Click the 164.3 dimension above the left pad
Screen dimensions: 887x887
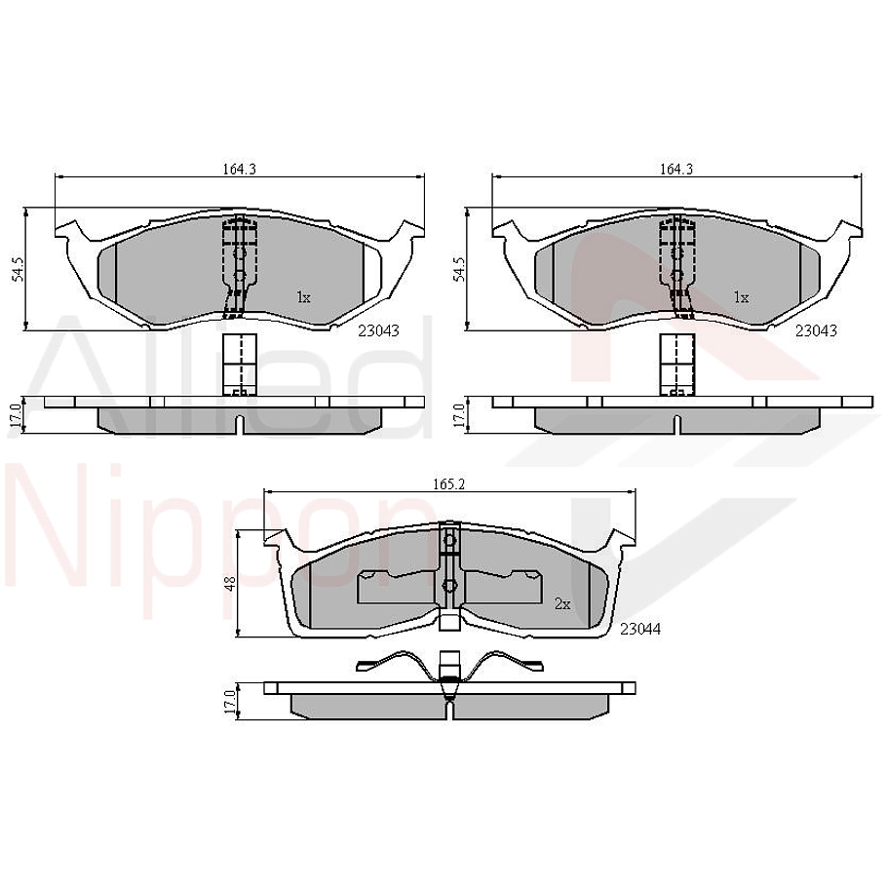click(x=239, y=169)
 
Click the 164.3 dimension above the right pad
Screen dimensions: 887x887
click(x=675, y=169)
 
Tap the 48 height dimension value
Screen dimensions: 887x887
click(x=230, y=584)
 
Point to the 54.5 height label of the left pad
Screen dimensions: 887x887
click(x=17, y=270)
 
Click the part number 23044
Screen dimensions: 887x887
click(x=640, y=630)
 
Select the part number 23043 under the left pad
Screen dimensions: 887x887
click(x=378, y=330)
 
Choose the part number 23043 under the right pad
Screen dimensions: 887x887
click(x=816, y=330)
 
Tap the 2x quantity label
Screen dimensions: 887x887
click(x=561, y=604)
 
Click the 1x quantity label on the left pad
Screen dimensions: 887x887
click(x=303, y=297)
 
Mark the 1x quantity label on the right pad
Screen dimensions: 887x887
click(x=741, y=297)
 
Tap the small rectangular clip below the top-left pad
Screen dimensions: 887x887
click(x=239, y=365)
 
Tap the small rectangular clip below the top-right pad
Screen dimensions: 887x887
click(x=675, y=365)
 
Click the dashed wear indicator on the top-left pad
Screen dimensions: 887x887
click(x=238, y=265)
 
